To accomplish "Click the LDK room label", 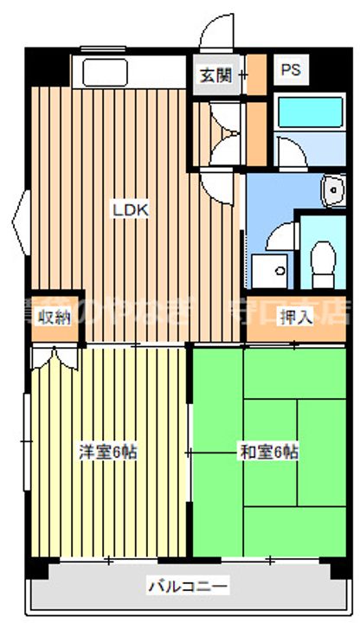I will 132,209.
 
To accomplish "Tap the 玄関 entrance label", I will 215,74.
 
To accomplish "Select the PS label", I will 290,70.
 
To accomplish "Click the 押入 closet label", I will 294,317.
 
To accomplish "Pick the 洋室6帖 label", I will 108,452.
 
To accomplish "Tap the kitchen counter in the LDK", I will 130,71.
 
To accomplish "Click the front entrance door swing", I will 214,35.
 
